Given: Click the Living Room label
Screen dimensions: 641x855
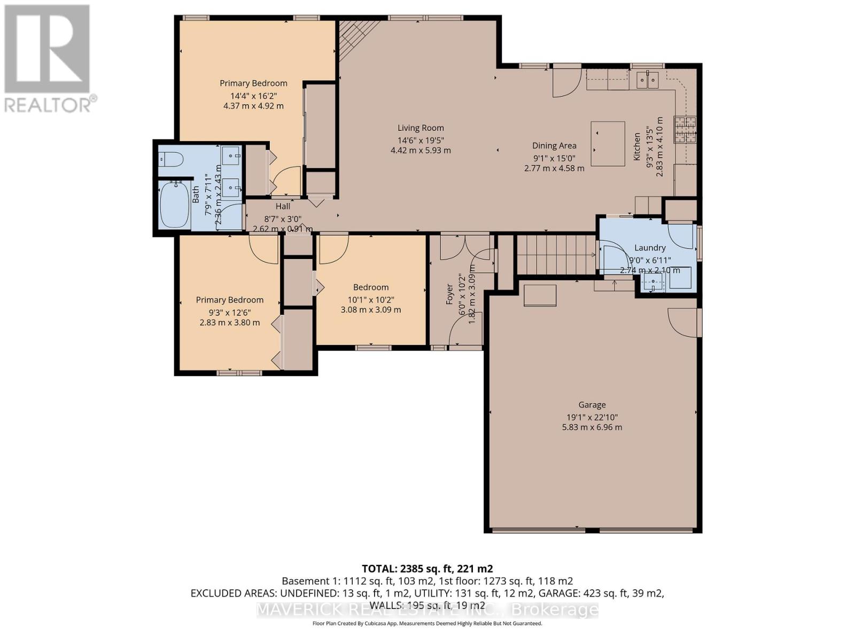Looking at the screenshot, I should click(421, 128).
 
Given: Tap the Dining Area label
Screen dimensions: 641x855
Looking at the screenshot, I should click(554, 146).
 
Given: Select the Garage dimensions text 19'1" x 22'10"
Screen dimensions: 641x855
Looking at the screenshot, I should click(592, 417).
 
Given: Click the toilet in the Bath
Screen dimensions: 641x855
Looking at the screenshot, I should click(172, 159).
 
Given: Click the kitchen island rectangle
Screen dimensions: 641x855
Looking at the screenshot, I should click(608, 144).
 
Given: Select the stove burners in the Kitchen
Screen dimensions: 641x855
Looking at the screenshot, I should click(686, 129).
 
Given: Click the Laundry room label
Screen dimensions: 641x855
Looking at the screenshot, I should click(650, 248).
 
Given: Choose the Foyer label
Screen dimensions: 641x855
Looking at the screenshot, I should click(450, 295).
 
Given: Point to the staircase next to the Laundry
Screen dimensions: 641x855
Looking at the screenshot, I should click(556, 255).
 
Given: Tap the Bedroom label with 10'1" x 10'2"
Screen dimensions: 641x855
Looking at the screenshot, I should click(371, 287).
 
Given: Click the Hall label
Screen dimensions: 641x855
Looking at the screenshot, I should click(283, 206).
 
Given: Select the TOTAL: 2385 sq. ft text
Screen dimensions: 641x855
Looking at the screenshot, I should click(427, 568).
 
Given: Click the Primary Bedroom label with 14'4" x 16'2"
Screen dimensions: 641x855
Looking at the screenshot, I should click(253, 83).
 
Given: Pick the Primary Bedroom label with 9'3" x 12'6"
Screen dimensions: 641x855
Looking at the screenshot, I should click(229, 300).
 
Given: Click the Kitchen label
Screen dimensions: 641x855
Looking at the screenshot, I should click(637, 147).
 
